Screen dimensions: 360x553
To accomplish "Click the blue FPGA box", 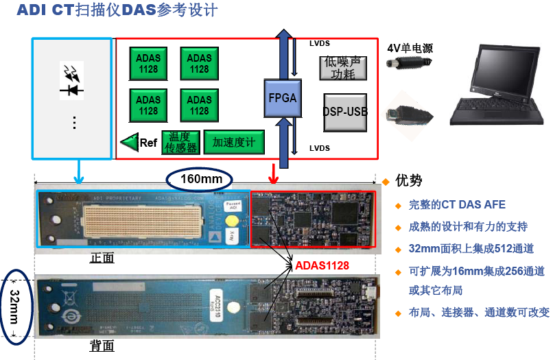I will pyautogui.click(x=282, y=98).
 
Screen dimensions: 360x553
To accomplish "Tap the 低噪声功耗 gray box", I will pyautogui.click(x=344, y=69).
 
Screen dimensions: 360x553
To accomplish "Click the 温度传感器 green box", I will pyautogui.click(x=180, y=142).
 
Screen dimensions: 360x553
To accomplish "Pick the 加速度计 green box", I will pyautogui.click(x=233, y=142).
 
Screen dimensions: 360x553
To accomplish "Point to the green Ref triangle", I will pyautogui.click(x=129, y=143).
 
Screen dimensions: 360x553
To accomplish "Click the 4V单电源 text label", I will pyautogui.click(x=410, y=48).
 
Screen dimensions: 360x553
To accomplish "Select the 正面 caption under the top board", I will pyautogui.click(x=102, y=258).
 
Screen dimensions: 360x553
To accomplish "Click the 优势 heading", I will pyautogui.click(x=409, y=181).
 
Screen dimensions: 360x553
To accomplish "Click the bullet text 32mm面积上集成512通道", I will pyautogui.click(x=471, y=249).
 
